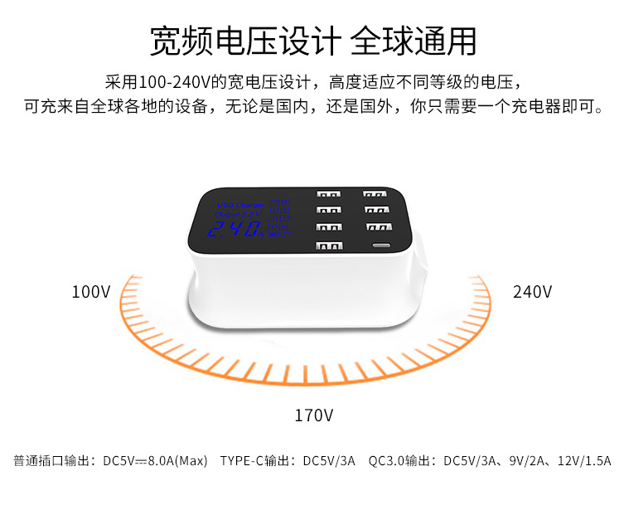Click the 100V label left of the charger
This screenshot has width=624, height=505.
[90, 292]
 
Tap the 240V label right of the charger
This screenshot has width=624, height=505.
[532, 292]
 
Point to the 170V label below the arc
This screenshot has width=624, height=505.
[314, 415]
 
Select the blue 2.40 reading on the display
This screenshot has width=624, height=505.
[231, 228]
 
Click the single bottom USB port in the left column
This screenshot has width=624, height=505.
[327, 245]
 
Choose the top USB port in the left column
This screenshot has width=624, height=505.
[328, 197]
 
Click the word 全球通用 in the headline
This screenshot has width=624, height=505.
[414, 40]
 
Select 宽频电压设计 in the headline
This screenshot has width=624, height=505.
[245, 40]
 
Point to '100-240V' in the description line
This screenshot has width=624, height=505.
[170, 83]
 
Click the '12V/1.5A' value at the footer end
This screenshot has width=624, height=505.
[585, 461]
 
